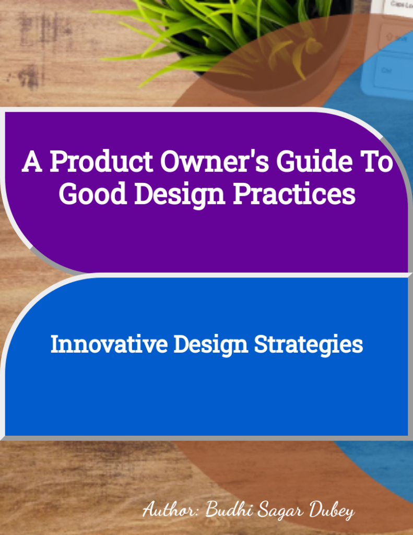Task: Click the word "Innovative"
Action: [x=109, y=345]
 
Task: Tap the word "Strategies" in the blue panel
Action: [x=308, y=345]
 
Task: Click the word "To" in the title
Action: [x=377, y=163]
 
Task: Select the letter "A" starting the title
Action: [x=31, y=163]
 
